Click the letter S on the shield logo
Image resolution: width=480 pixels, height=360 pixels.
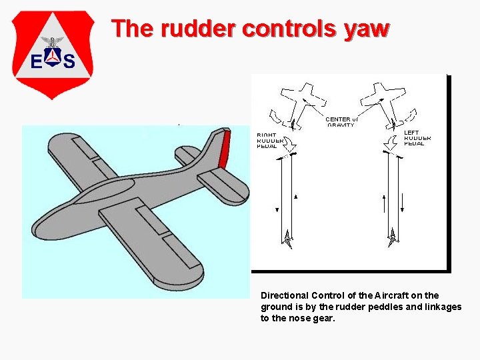[x=68, y=61]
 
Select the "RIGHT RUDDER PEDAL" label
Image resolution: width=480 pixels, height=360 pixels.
[x=271, y=140]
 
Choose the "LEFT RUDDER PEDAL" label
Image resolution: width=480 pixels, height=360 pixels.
[x=417, y=138]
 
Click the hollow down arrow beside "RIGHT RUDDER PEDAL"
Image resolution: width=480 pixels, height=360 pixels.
[x=291, y=143]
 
